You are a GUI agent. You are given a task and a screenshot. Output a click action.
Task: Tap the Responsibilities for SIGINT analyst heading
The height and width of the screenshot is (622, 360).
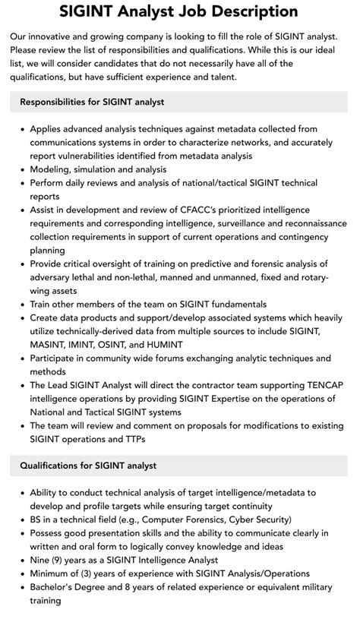coord(92,102)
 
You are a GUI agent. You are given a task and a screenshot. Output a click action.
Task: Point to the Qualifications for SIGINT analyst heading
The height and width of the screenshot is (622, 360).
coord(88,465)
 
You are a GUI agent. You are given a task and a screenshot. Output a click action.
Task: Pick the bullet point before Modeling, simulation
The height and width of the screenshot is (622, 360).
coord(21,169)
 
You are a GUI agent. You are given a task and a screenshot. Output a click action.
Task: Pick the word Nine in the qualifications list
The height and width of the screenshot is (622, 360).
coord(42,560)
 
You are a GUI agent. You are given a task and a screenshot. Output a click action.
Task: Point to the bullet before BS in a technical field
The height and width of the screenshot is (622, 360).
coord(21,519)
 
